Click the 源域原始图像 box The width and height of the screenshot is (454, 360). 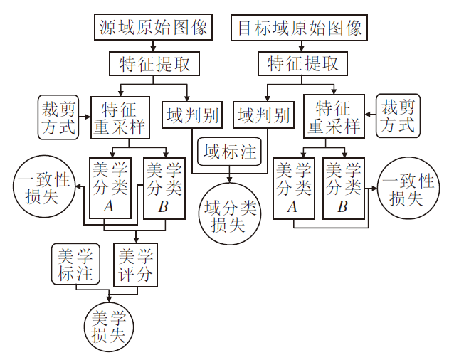click(x=153, y=28)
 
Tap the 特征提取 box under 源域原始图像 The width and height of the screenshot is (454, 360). click(x=154, y=64)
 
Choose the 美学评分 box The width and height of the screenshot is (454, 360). click(x=134, y=264)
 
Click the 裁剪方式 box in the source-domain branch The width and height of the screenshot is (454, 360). click(x=59, y=117)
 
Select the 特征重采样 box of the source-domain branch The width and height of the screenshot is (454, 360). click(x=120, y=118)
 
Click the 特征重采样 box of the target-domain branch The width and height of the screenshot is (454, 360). click(x=333, y=118)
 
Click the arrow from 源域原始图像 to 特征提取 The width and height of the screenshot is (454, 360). click(x=154, y=46)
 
